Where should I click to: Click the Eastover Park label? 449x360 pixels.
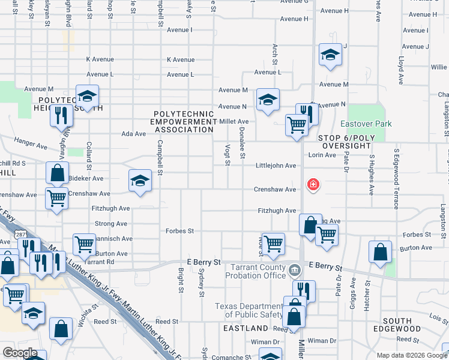click(x=366, y=124)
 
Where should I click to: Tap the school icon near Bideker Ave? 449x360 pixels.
click(x=140, y=181)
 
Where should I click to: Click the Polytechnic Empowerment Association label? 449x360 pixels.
click(x=184, y=121)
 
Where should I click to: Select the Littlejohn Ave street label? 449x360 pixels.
click(x=276, y=166)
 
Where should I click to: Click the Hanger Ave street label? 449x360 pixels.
click(x=34, y=146)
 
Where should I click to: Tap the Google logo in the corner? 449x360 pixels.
click(x=20, y=352)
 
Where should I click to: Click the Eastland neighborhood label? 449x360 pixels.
click(x=246, y=328)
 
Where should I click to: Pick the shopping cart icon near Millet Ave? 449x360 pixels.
click(x=297, y=125)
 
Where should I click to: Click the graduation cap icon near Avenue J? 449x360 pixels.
click(x=330, y=55)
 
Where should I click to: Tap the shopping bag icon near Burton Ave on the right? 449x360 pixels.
click(x=380, y=252)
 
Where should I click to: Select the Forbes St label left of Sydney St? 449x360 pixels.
click(x=179, y=231)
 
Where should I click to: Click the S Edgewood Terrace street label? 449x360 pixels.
click(x=396, y=179)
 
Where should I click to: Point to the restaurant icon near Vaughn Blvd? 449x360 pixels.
click(x=61, y=115)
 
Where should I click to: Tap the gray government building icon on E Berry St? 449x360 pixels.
click(x=295, y=270)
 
